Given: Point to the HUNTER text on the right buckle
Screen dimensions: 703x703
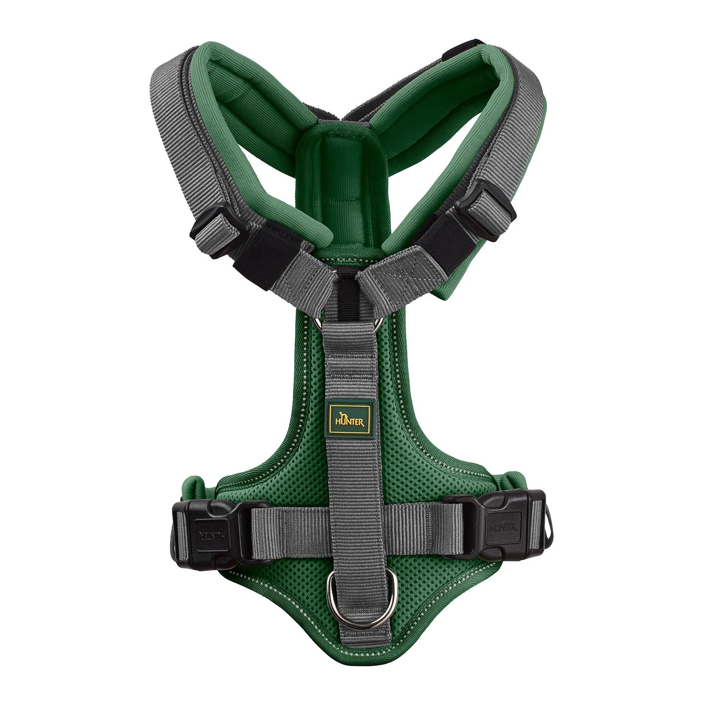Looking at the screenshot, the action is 503,528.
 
